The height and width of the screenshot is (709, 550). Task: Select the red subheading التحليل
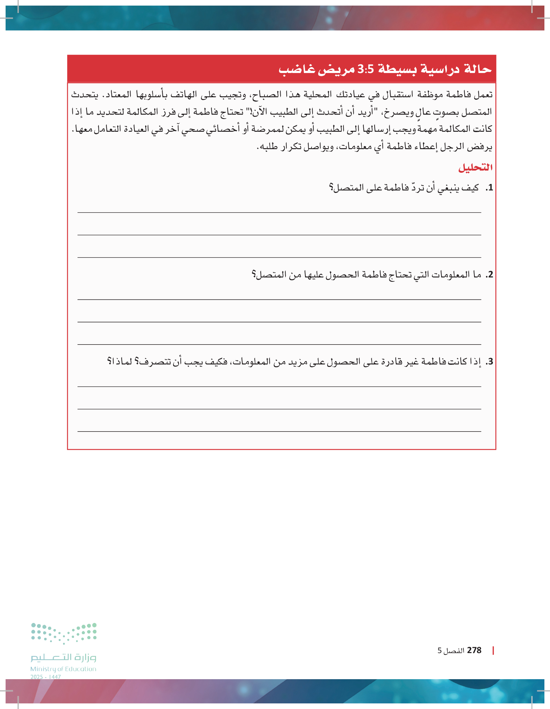(x=475, y=167)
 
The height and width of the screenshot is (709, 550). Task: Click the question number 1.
(x=490, y=188)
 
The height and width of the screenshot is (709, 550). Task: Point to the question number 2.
(x=490, y=275)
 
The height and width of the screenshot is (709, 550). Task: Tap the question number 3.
(x=490, y=362)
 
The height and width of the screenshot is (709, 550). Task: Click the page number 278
(x=474, y=650)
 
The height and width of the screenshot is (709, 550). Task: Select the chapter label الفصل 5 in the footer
(x=451, y=651)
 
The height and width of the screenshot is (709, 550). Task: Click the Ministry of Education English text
(x=63, y=669)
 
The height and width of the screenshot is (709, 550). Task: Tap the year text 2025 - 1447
(x=46, y=677)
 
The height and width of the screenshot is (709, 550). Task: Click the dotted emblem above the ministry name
(x=64, y=634)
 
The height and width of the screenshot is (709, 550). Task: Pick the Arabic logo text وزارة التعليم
(x=63, y=657)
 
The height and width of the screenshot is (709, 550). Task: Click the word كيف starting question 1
(x=471, y=188)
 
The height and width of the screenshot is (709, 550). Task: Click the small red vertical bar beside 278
(x=493, y=650)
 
